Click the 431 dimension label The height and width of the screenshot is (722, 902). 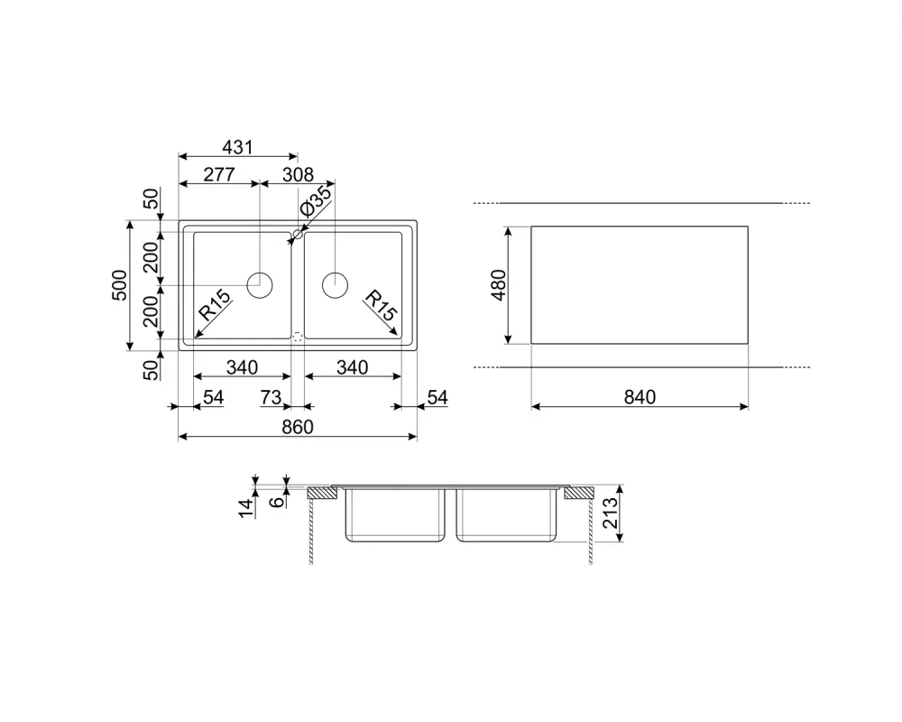click(237, 147)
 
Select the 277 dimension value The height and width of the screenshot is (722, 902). click(219, 174)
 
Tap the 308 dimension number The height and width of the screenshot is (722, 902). click(298, 174)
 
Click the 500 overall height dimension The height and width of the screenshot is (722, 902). click(120, 285)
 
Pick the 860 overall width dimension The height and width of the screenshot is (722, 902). click(298, 427)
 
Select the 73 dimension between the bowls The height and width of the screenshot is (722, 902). click(271, 397)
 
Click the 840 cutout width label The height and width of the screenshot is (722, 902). click(640, 397)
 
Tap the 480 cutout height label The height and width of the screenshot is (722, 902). click(499, 285)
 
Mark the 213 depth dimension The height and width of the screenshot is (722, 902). click(610, 513)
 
